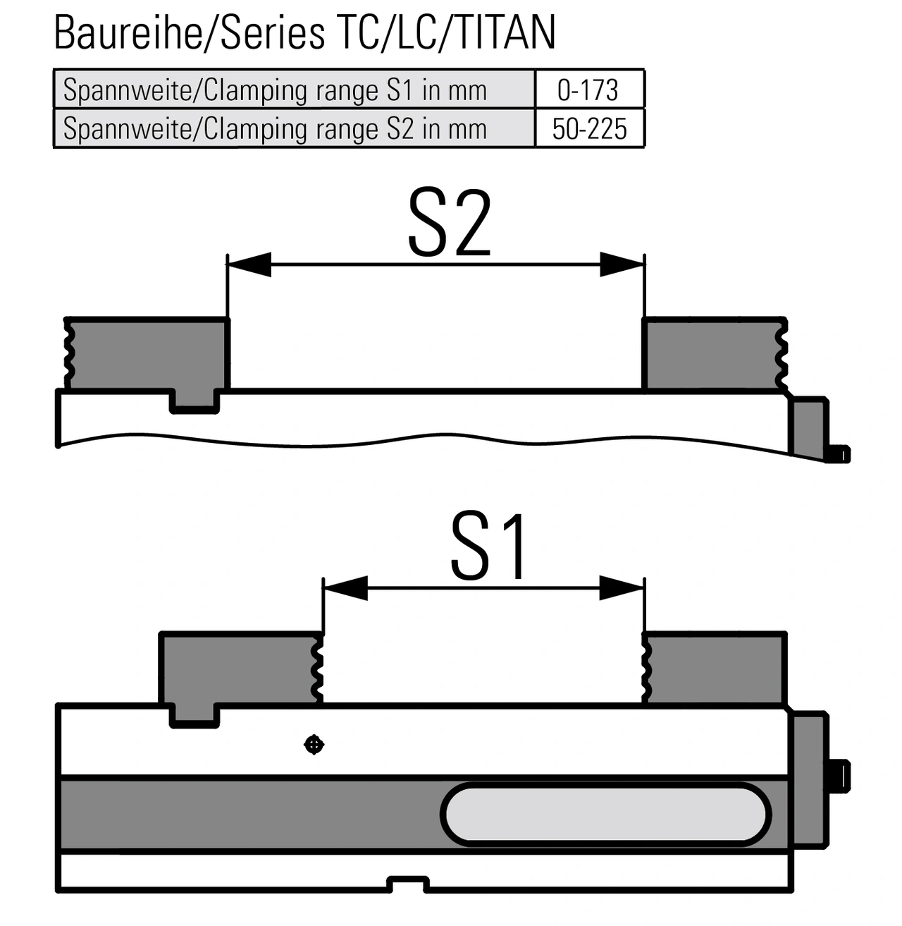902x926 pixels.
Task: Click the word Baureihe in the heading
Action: tap(128, 32)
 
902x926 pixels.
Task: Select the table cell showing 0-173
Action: tap(589, 90)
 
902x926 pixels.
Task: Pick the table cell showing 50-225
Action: tap(589, 128)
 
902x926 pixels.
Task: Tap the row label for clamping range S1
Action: tap(275, 90)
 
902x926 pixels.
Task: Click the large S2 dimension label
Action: tap(450, 223)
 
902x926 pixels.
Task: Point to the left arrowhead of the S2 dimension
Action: tap(249, 264)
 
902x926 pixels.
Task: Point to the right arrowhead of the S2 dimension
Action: tap(622, 264)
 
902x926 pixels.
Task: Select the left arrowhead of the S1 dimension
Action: tap(346, 588)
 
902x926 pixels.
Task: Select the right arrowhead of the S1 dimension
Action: tap(622, 588)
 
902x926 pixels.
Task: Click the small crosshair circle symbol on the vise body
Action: tap(314, 745)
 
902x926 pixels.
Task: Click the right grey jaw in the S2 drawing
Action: tap(715, 353)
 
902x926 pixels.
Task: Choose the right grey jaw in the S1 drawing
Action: tap(715, 668)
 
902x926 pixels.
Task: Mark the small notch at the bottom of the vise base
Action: tap(408, 883)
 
